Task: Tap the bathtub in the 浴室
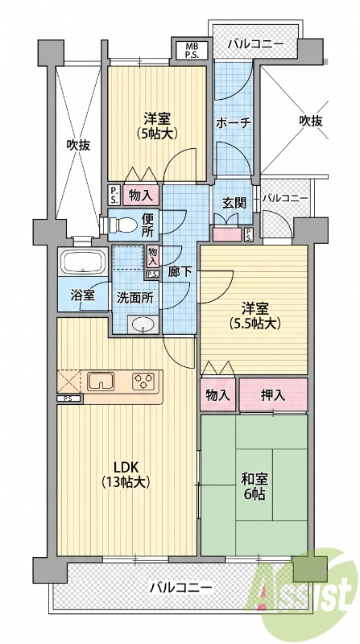point(84,262)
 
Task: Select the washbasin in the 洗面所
point(143,324)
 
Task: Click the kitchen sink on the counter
point(101,382)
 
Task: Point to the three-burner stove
point(143,381)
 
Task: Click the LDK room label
point(126,474)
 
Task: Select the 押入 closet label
point(273,395)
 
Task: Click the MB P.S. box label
point(192,51)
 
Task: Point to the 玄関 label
point(234,203)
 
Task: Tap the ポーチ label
point(234,123)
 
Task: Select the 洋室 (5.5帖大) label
point(254,316)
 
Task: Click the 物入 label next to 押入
point(217,395)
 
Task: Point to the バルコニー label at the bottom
point(181,588)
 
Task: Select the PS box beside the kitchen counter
point(70,398)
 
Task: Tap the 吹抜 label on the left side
point(78,145)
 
